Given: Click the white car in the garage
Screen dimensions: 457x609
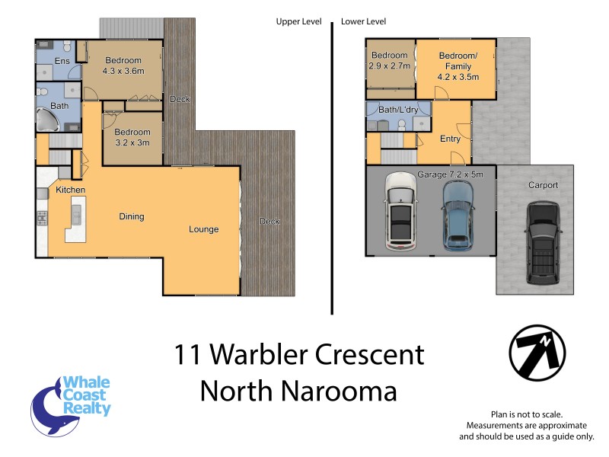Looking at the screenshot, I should click(x=400, y=211).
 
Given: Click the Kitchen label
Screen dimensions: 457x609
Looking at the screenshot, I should click(x=69, y=190).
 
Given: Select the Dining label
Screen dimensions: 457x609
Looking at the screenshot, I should click(x=132, y=217).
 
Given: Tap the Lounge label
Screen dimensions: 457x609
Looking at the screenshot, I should click(x=204, y=229).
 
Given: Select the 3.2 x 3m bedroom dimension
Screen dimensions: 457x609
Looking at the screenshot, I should click(x=132, y=142).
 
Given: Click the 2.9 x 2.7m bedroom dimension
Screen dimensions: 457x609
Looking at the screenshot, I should click(x=390, y=66).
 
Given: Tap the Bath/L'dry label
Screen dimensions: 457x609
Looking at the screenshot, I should click(x=398, y=110).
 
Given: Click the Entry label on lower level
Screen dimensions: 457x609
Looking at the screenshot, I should click(x=450, y=139).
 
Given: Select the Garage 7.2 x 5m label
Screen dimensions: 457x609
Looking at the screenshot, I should click(x=455, y=174).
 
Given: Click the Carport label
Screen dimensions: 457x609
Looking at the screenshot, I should click(x=543, y=185).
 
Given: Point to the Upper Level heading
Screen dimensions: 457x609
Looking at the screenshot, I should click(x=298, y=22).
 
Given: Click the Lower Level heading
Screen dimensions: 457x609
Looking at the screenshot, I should click(x=364, y=22).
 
